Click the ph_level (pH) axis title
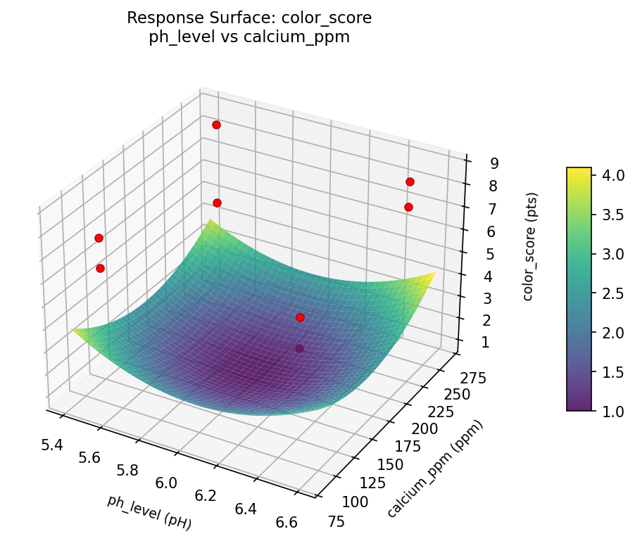click(149, 511)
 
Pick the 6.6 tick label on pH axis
click(287, 522)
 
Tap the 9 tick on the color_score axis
click(495, 164)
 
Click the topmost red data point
click(216, 125)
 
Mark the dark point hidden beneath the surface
click(300, 348)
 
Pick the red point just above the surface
click(300, 317)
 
